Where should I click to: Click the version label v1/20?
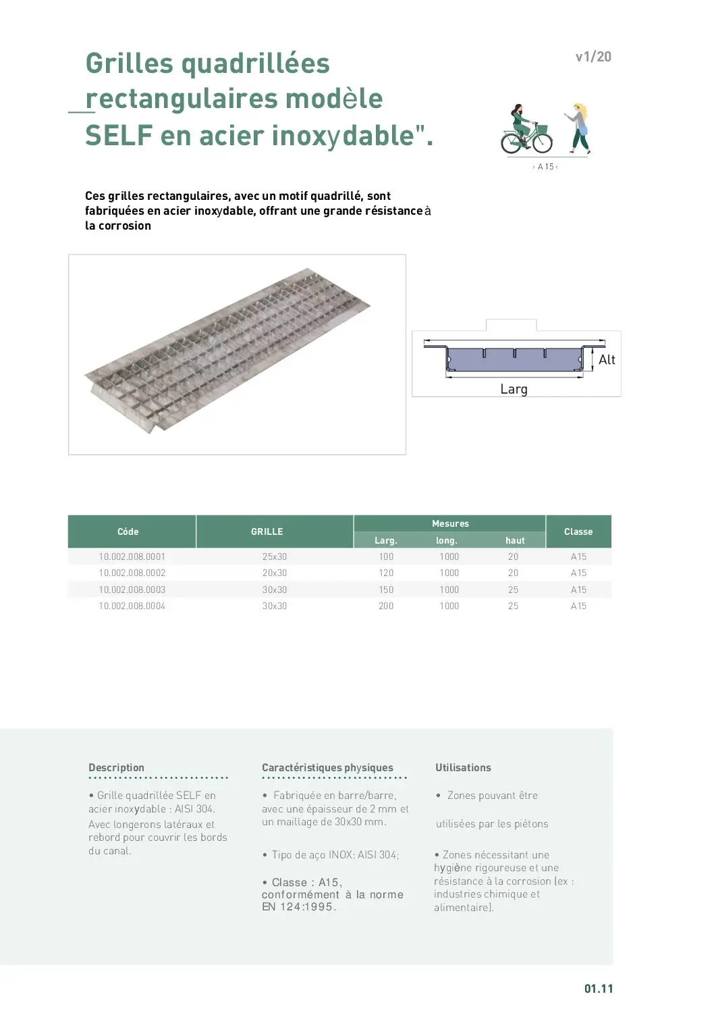click(593, 57)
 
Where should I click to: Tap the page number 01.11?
click(599, 989)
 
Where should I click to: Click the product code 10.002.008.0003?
click(132, 590)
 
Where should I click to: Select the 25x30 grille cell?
click(275, 556)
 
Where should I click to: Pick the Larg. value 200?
click(386, 606)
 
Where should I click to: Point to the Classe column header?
click(578, 532)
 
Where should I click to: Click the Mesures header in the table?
click(450, 523)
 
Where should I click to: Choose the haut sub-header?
click(515, 540)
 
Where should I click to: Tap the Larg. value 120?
click(386, 573)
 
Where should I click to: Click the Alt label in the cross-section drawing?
click(607, 360)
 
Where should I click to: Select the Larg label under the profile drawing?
click(514, 389)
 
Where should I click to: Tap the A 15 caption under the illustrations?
click(545, 167)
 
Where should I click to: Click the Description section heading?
click(116, 768)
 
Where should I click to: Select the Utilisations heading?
click(463, 768)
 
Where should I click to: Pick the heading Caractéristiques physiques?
click(327, 768)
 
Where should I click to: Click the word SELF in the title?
click(119, 136)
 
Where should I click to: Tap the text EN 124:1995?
click(298, 907)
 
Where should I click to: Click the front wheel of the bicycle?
click(541, 142)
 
